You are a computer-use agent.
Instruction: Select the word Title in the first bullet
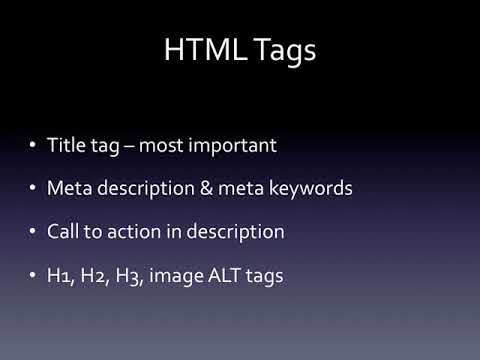click(67, 145)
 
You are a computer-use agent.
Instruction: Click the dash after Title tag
click(129, 147)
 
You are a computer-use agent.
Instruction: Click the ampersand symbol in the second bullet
click(206, 188)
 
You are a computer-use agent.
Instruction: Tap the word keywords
click(310, 188)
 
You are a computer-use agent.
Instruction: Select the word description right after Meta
click(146, 189)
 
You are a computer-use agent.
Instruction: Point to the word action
click(134, 232)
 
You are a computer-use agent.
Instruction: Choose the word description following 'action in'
click(235, 232)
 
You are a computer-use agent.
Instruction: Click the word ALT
click(224, 275)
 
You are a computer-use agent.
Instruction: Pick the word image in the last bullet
click(175, 276)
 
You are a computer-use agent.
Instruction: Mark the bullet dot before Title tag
click(32, 145)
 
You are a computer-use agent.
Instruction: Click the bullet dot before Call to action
click(32, 231)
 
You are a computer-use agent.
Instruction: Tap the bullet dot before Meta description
click(32, 188)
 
